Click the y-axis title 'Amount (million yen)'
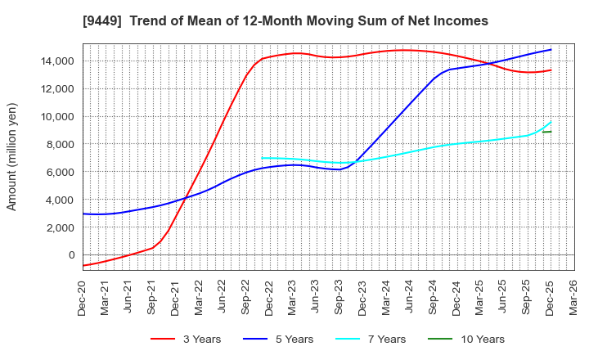point(11,156)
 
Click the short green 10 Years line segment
point(546,132)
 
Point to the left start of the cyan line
point(262,158)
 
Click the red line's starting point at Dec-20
point(83,265)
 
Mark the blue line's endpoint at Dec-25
point(551,49)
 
